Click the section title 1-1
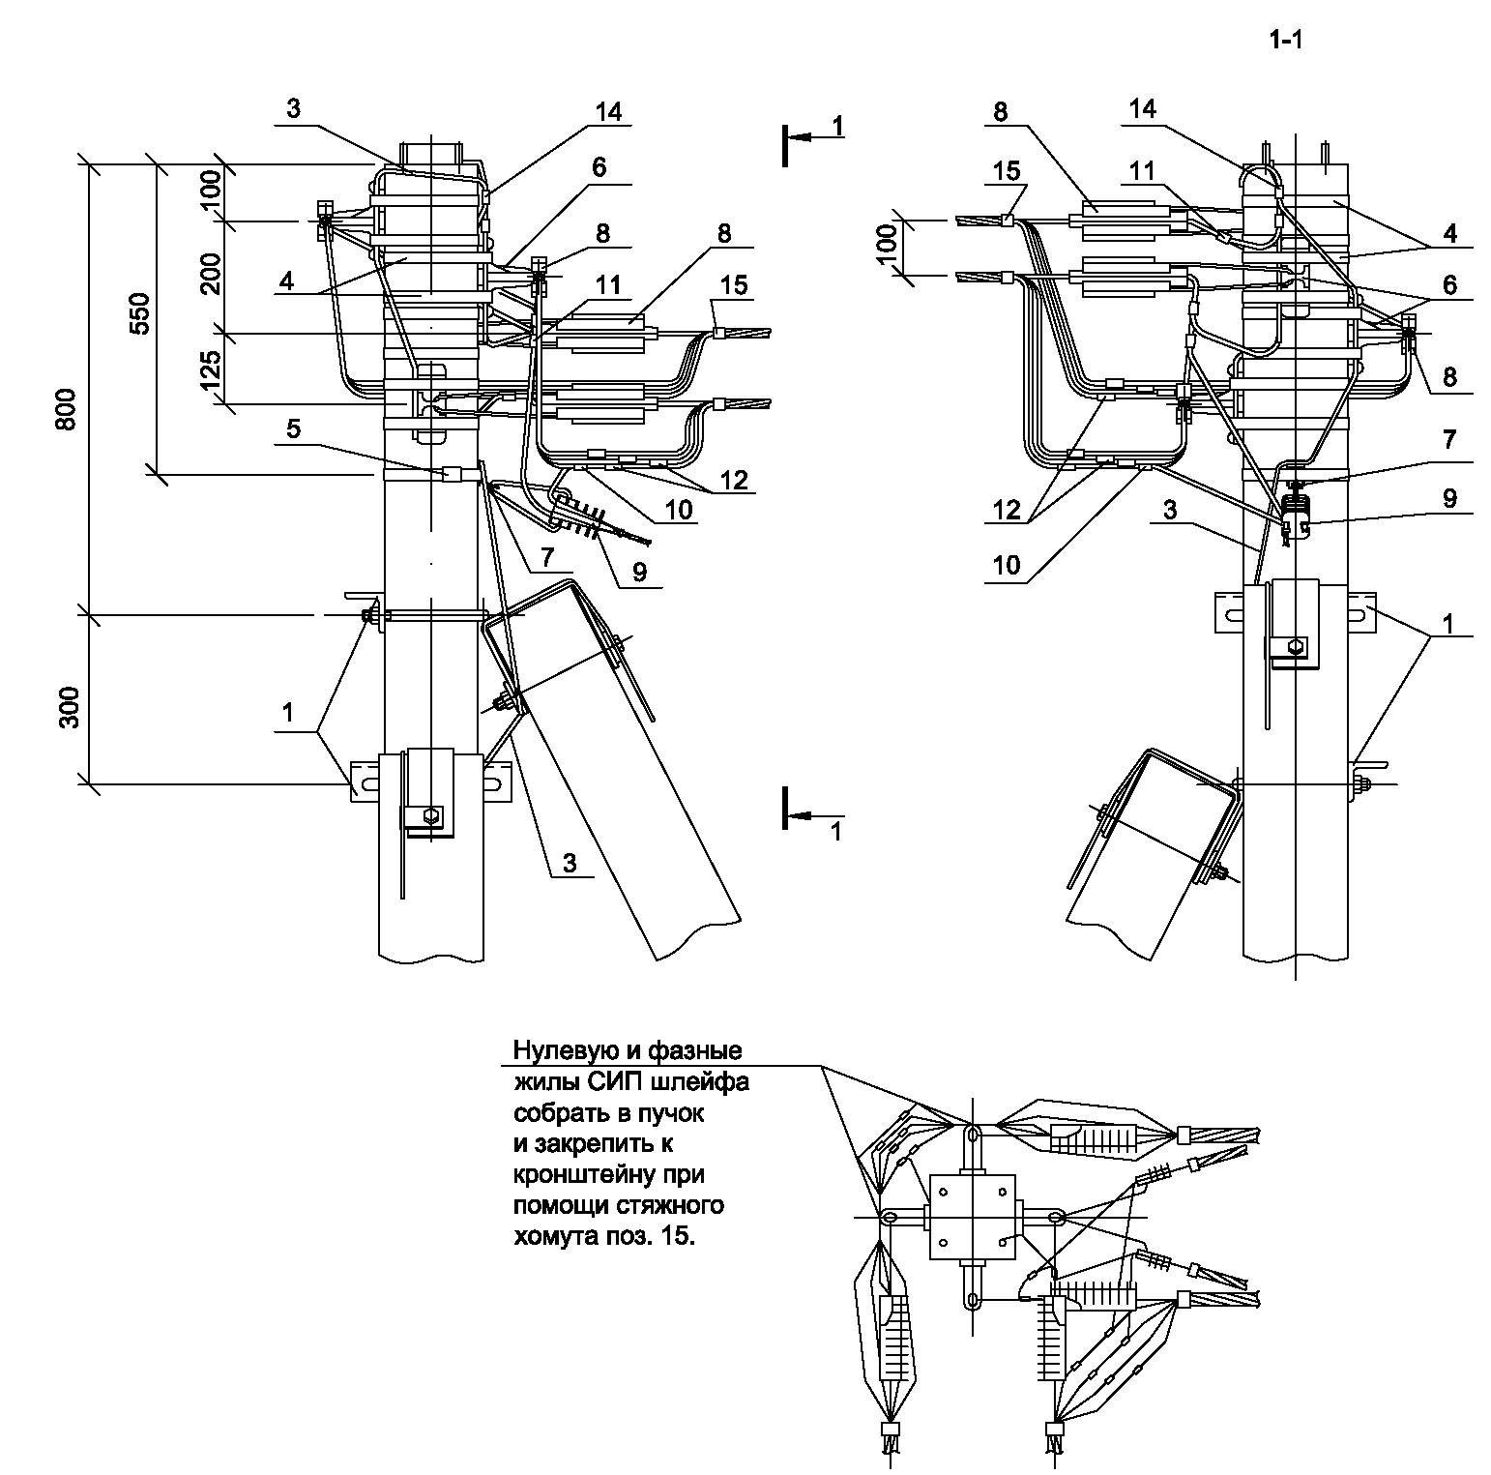pos(1286,40)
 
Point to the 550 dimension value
pos(140,312)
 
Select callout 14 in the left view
pos(608,111)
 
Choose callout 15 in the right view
pos(1007,171)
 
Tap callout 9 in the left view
pos(639,573)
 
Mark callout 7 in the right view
pos(1448,440)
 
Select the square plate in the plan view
pos(973,1216)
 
